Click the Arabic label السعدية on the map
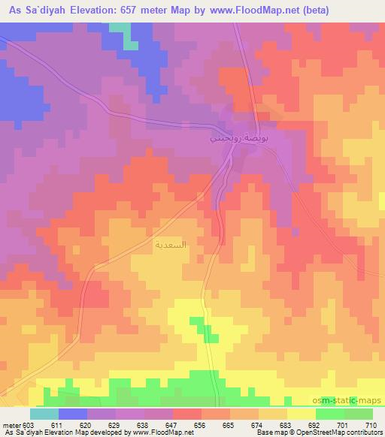coord(170,245)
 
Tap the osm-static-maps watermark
coord(353,402)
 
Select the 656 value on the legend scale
coord(199,424)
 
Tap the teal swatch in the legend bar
coord(44,414)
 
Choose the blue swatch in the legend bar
coord(73,414)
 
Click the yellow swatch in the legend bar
coord(301,414)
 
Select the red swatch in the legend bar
coord(187,414)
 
